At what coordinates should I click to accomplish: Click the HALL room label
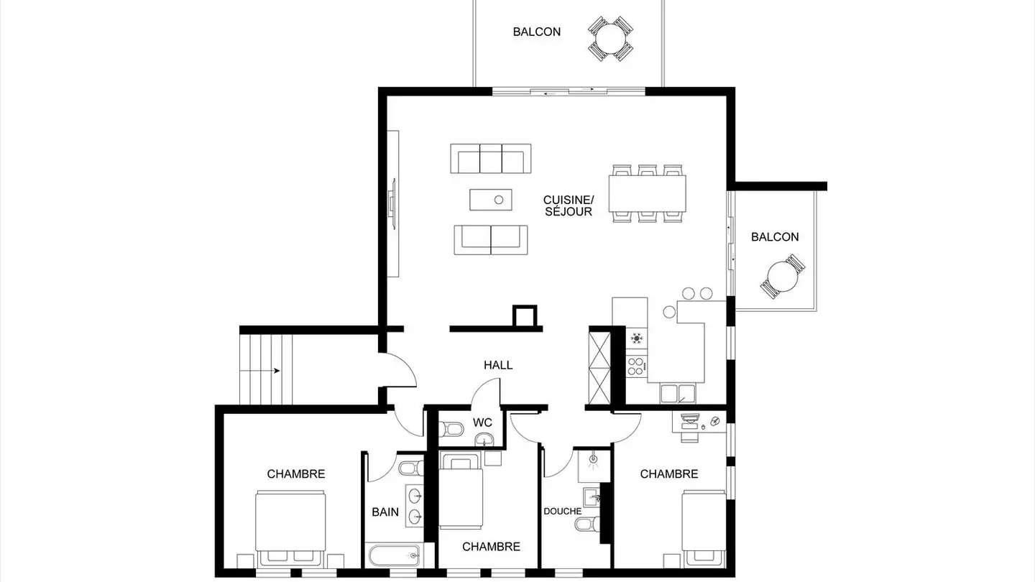(498, 365)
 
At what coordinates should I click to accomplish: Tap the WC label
(482, 422)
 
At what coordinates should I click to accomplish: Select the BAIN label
(385, 512)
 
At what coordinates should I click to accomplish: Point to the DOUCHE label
(562, 512)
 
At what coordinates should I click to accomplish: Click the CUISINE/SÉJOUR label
(569, 205)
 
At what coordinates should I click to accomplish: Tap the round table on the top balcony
(610, 39)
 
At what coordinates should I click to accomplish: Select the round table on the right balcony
(782, 276)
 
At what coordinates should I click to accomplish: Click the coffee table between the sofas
(491, 200)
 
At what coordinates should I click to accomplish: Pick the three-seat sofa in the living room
(491, 158)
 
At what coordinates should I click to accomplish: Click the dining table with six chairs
(647, 193)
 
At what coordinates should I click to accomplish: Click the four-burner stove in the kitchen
(636, 365)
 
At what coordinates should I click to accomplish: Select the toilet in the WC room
(451, 430)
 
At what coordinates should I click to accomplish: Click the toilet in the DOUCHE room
(587, 524)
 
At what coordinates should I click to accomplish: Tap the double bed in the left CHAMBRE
(290, 529)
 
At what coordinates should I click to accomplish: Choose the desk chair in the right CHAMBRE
(689, 436)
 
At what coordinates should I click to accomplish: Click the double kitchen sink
(677, 394)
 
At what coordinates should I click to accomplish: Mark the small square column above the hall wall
(525, 316)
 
